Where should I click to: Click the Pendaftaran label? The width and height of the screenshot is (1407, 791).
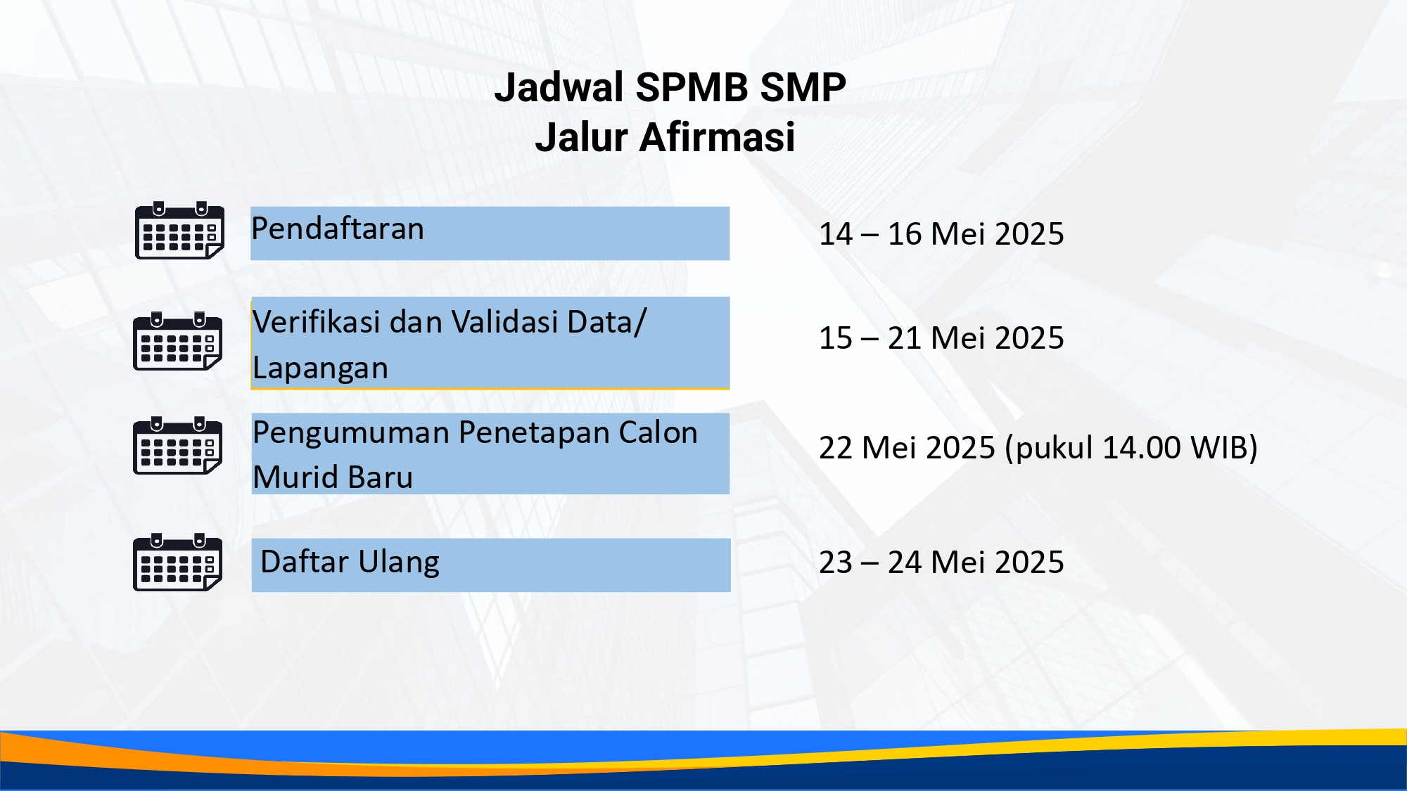pyautogui.click(x=338, y=229)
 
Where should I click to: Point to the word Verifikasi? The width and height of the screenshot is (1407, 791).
pyautogui.click(x=317, y=322)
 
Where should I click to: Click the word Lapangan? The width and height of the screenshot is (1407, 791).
pyautogui.click(x=320, y=368)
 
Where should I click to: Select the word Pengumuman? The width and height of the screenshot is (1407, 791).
pyautogui.click(x=351, y=433)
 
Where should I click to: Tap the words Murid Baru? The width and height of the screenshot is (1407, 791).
pyautogui.click(x=333, y=477)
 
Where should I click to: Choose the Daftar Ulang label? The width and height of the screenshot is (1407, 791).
pyautogui.click(x=350, y=562)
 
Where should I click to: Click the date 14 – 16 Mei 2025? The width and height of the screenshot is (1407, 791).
pyautogui.click(x=941, y=234)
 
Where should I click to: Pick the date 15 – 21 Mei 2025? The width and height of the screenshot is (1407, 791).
pyautogui.click(x=941, y=338)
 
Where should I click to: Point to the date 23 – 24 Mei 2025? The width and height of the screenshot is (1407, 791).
pyautogui.click(x=941, y=562)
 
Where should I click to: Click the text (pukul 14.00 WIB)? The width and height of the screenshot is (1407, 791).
pyautogui.click(x=1131, y=449)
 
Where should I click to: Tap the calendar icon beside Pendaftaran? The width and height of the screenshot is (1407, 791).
pyautogui.click(x=179, y=230)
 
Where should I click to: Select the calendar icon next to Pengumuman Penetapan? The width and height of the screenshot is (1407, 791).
pyautogui.click(x=178, y=445)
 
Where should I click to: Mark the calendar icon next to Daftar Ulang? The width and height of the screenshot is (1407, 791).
pyautogui.click(x=178, y=562)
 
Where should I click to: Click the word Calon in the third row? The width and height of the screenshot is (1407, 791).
pyautogui.click(x=658, y=433)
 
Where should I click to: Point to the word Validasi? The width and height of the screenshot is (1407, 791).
pyautogui.click(x=504, y=322)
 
